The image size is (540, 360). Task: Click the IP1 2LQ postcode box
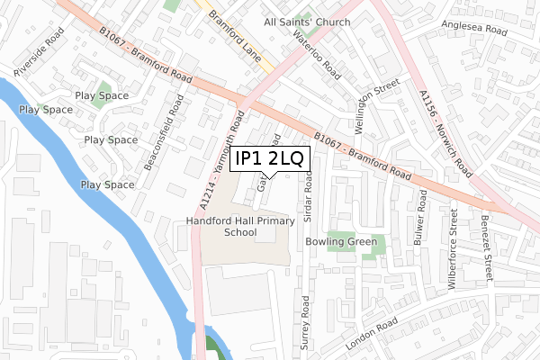270,159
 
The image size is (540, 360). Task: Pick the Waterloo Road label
318,55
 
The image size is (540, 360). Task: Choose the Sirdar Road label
308,199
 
